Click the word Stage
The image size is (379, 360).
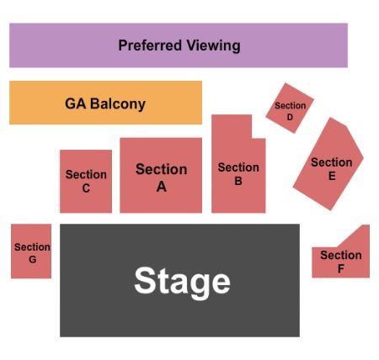(182, 281)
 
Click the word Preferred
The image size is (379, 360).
(148, 45)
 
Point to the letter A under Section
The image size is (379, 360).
(161, 187)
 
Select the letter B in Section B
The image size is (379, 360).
(238, 180)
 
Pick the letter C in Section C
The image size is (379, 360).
(86, 188)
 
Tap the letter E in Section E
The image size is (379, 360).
(332, 176)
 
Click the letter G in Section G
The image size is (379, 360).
(32, 259)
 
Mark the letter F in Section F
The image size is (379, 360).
(341, 268)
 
